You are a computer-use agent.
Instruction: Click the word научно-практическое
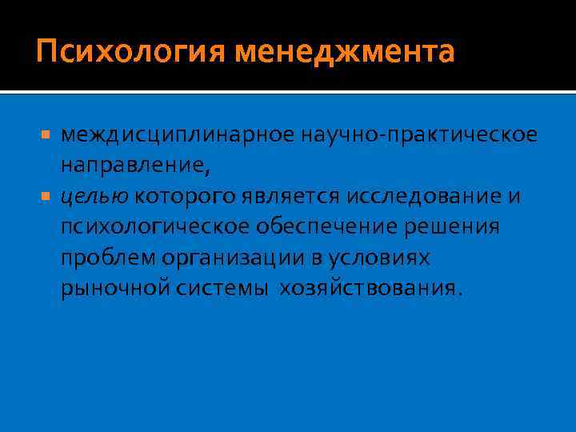pyautogui.click(x=430, y=136)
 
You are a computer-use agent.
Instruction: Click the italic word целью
pyautogui.click(x=94, y=197)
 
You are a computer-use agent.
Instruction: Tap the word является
pyautogui.click(x=285, y=197)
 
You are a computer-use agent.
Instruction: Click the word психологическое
pyautogui.click(x=154, y=228)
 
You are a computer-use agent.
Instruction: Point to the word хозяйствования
pyautogui.click(x=370, y=288)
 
